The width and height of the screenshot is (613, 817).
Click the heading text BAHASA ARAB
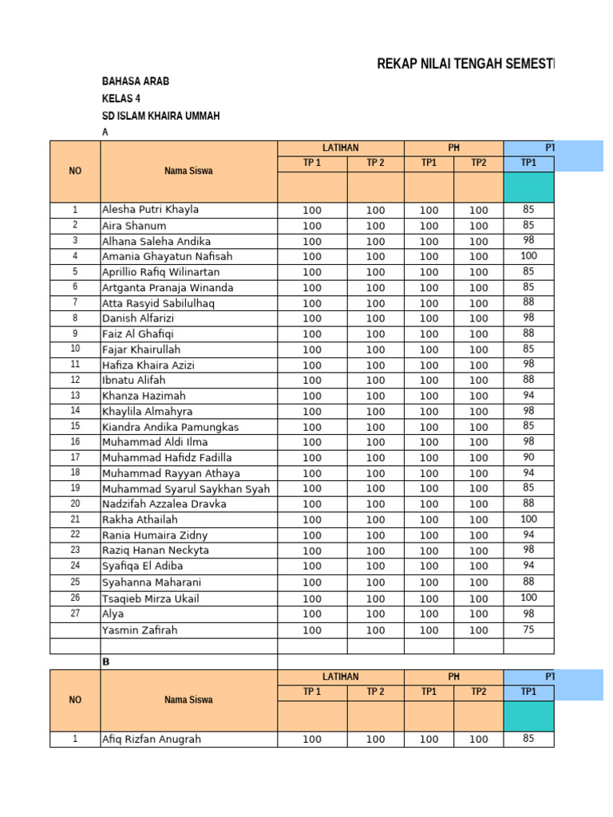[x=135, y=81]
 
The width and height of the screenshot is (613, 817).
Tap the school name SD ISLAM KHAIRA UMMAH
[x=160, y=116]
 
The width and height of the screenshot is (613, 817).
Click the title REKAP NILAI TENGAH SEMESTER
[x=465, y=65]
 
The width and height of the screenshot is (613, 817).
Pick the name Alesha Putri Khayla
[x=150, y=210]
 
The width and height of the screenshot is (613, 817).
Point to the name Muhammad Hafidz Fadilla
[x=167, y=458]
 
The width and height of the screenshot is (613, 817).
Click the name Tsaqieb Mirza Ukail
[x=150, y=598]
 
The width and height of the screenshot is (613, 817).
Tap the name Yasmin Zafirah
[x=140, y=630]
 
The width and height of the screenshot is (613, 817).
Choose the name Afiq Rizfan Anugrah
[x=152, y=740]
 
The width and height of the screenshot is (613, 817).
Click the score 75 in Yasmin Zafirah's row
[x=528, y=630]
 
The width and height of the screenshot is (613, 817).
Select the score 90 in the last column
[x=528, y=457]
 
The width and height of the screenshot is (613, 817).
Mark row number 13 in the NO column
[x=75, y=396]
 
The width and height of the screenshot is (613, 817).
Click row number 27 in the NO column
[x=75, y=614]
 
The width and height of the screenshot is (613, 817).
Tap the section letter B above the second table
[x=105, y=662]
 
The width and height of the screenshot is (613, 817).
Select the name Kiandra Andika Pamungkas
[x=170, y=427]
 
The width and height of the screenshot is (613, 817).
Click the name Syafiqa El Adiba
[x=142, y=566]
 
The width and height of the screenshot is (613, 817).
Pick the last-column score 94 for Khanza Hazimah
[x=528, y=395]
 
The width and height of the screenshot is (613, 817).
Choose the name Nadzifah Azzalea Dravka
[x=164, y=504]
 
